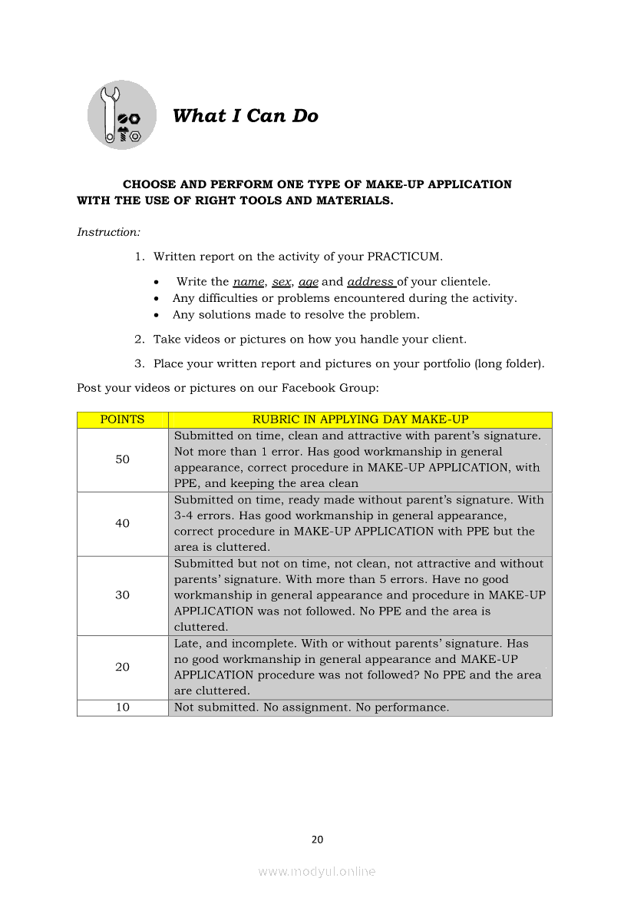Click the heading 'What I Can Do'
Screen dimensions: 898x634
(245, 116)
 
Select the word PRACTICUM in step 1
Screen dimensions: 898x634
(405, 257)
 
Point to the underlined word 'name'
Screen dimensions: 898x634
(249, 282)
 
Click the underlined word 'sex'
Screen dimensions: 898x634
(281, 282)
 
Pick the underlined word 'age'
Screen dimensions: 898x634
(309, 282)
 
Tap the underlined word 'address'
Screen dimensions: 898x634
(371, 282)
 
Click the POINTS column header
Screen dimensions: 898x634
(122, 419)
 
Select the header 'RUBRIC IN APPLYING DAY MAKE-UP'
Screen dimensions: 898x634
(360, 419)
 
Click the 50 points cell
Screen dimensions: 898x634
(122, 459)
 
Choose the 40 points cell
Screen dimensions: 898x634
(122, 523)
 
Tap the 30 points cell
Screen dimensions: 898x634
(122, 595)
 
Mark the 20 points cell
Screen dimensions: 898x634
(122, 667)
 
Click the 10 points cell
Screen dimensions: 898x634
(122, 707)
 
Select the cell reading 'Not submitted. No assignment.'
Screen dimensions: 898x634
(312, 707)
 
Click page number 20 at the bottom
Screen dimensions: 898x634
(317, 840)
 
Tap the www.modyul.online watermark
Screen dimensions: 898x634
(317, 872)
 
